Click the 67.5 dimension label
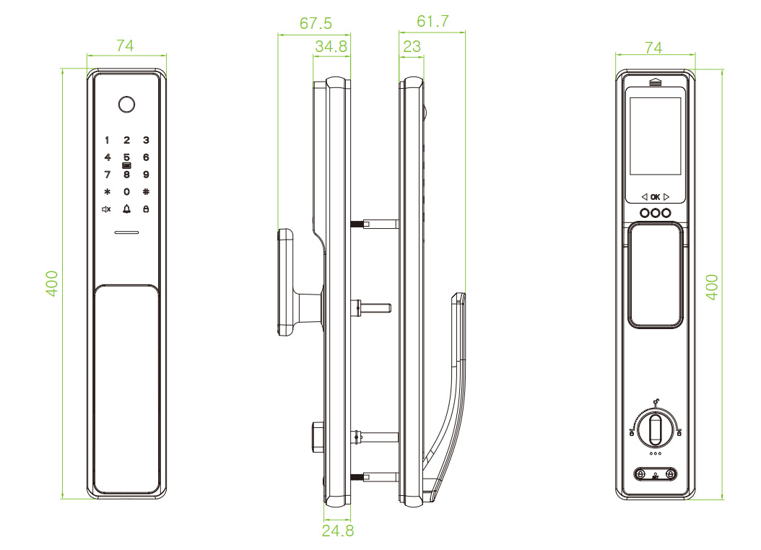[x=316, y=24]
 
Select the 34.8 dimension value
[x=331, y=47]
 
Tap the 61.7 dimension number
[x=432, y=21]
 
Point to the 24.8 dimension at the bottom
[x=336, y=531]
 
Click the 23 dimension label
[x=412, y=47]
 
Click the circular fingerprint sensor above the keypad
[x=126, y=104]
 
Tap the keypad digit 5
[x=126, y=157]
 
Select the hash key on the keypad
[x=146, y=192]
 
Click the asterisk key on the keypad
[x=107, y=192]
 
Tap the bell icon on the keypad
[x=126, y=209]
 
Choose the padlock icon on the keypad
[x=146, y=209]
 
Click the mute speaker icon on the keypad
[x=107, y=209]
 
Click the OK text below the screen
[x=655, y=196]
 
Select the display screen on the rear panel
[x=656, y=136]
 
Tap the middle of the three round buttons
[x=655, y=214]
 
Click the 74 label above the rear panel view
[x=653, y=48]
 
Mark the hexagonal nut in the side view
[x=316, y=436]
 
